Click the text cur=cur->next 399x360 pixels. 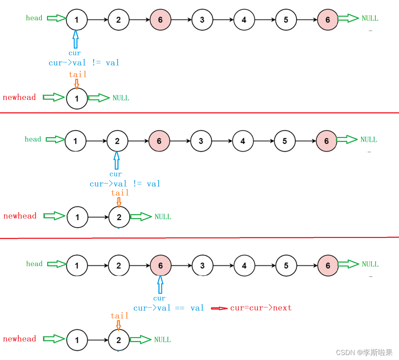tap(261, 308)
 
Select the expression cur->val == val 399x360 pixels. tap(169, 308)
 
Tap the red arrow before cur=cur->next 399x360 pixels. tap(219, 308)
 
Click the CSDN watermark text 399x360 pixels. tap(364, 352)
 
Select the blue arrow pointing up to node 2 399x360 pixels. tap(117, 161)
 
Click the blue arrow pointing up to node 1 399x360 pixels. tap(76, 39)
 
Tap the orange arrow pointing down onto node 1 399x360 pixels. tap(77, 84)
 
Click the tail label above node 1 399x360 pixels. tap(77, 74)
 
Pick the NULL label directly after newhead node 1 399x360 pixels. tap(121, 98)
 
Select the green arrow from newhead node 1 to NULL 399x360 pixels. tap(99, 98)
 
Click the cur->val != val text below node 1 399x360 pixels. tap(84, 63)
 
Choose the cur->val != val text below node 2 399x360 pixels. tap(125, 184)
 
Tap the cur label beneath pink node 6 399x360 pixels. tap(160, 298)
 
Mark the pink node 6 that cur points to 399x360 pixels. tap(161, 266)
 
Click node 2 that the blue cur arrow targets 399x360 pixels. tap(117, 141)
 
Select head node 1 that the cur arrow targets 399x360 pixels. tap(77, 20)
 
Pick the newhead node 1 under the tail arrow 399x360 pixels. tap(77, 99)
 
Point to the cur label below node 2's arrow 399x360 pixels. tap(116, 174)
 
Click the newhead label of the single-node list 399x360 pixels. tap(19, 97)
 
